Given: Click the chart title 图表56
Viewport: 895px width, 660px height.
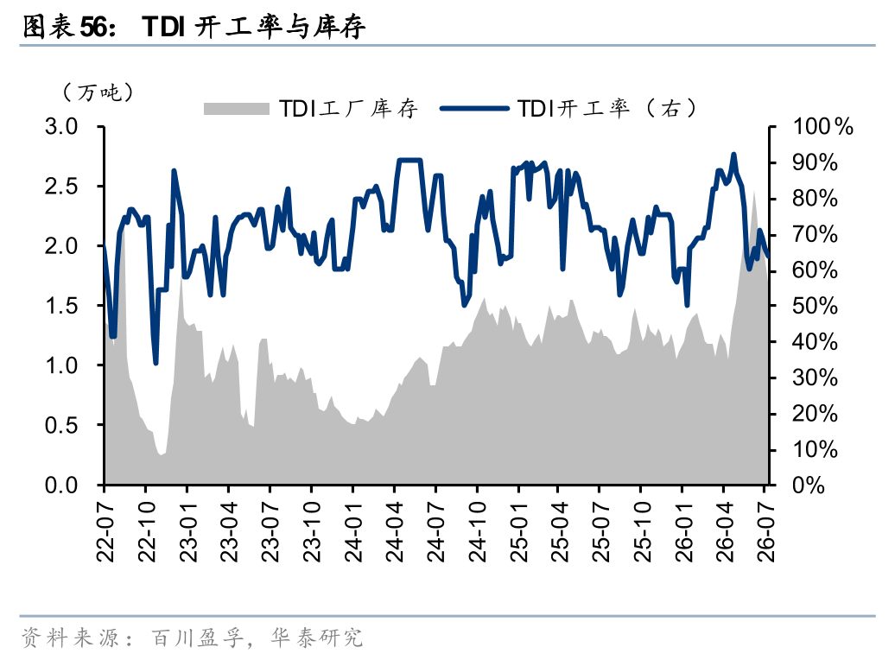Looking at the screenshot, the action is [x=67, y=26].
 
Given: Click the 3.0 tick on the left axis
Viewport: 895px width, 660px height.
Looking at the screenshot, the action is [x=61, y=127].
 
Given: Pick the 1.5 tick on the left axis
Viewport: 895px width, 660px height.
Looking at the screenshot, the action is [x=61, y=306].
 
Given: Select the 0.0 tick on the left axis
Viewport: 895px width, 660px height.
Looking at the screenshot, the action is [x=61, y=485].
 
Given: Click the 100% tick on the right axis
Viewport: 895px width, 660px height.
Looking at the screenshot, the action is [x=822, y=127].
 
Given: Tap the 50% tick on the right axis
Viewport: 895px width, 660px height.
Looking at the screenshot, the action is [x=815, y=306].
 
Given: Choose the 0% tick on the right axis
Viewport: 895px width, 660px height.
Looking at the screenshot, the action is [x=809, y=485].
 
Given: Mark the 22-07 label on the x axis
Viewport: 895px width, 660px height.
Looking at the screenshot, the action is [x=105, y=532].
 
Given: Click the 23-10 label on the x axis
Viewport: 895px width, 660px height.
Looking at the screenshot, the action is [x=312, y=532].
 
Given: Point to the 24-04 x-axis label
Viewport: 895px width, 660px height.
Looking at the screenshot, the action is [x=395, y=532].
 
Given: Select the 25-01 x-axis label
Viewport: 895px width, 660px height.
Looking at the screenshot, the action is [x=519, y=532].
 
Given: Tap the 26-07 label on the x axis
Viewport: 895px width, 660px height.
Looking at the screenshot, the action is [x=766, y=532].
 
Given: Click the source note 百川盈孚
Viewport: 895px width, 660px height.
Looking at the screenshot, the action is [x=198, y=638].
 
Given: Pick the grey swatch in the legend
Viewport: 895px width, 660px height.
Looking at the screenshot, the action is [x=237, y=109].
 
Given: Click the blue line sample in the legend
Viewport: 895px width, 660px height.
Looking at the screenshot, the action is [x=475, y=109].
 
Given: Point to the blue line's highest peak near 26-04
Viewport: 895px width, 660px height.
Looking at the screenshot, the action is [x=733, y=154].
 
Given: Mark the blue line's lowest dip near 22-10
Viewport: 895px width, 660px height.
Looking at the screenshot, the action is [x=156, y=363].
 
